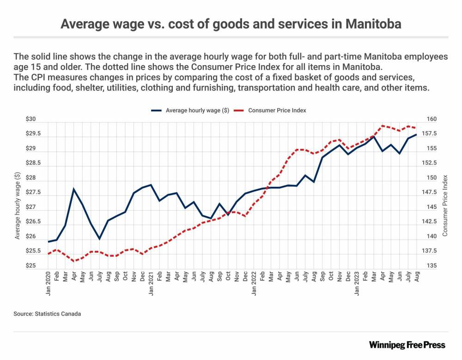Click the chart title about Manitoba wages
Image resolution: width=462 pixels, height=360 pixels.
231,24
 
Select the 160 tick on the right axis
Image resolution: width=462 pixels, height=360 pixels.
432,119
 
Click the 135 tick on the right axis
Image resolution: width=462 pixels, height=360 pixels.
432,266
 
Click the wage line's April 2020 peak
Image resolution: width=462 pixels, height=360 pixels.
74,189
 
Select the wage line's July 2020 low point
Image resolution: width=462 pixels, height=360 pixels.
99,239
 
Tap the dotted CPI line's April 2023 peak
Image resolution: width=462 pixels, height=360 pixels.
383,126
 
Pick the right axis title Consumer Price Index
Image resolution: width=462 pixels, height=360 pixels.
445,206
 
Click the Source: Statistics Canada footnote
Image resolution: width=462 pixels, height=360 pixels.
47,314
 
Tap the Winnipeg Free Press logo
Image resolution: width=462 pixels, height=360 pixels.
407,345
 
